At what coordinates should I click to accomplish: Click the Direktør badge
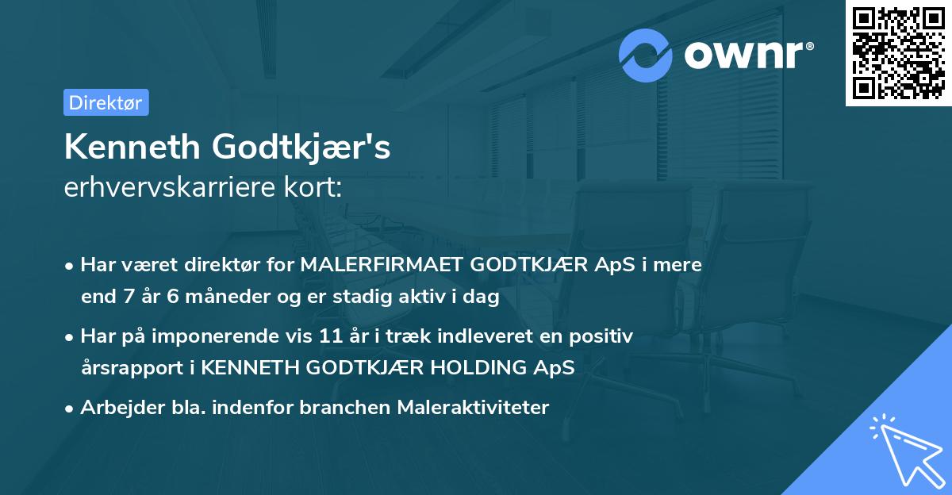[x=106, y=102]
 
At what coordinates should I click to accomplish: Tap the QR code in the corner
[x=898, y=53]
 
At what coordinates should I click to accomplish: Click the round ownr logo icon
[x=646, y=55]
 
